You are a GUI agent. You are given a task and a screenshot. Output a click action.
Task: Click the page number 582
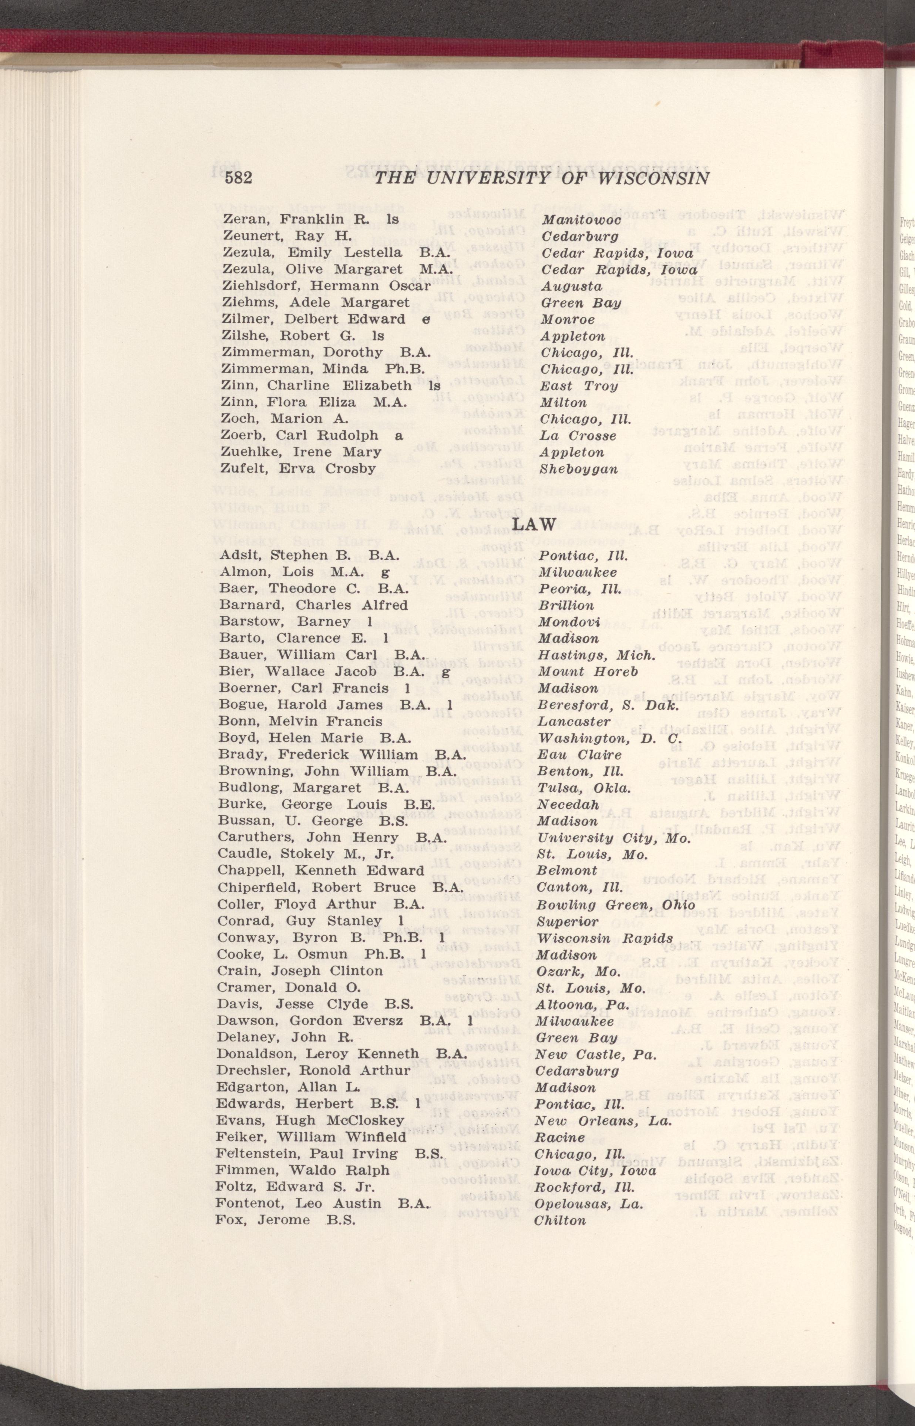(x=239, y=178)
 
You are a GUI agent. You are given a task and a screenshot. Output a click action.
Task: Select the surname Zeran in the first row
(x=245, y=219)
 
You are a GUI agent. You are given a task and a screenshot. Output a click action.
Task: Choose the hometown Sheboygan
(x=578, y=469)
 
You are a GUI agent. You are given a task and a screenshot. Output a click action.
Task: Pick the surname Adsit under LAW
(x=240, y=556)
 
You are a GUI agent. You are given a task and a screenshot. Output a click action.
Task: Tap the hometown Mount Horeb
(x=587, y=672)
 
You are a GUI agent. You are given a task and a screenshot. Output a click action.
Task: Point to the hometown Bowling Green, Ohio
(x=615, y=905)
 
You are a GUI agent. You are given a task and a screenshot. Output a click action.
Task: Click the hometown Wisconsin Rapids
(x=604, y=938)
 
